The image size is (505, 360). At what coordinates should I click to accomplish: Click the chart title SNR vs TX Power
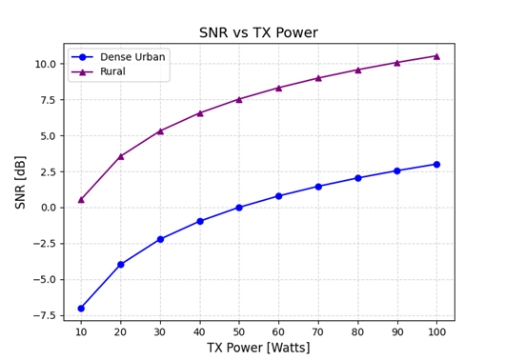click(258, 33)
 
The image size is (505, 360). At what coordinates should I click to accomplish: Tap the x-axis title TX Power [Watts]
click(258, 348)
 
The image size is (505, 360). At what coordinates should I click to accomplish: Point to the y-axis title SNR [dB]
click(20, 182)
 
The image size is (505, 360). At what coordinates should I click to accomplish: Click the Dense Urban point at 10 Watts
click(81, 309)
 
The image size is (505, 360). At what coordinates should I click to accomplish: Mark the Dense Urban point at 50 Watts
click(239, 208)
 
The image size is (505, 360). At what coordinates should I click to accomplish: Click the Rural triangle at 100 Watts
click(436, 56)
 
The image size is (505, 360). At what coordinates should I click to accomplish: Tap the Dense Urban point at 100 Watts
click(436, 165)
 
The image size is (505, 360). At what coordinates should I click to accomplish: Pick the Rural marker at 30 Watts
click(160, 130)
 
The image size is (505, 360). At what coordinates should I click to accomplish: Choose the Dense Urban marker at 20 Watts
click(120, 265)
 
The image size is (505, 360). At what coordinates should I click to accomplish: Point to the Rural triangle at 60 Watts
click(278, 88)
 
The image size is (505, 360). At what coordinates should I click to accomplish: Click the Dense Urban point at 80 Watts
click(357, 178)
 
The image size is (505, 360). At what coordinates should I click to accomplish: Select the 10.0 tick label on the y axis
click(45, 64)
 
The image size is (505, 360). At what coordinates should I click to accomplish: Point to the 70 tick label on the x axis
click(318, 330)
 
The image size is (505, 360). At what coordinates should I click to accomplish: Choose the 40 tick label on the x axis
click(199, 330)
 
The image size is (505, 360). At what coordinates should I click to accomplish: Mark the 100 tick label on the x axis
click(436, 330)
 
